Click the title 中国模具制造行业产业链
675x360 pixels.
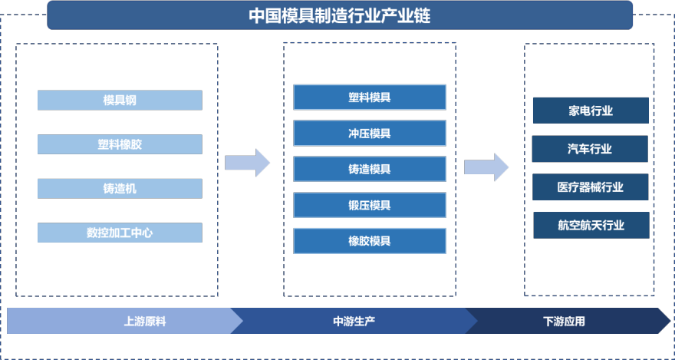pyautogui.click(x=339, y=15)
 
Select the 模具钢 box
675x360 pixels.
pyautogui.click(x=120, y=100)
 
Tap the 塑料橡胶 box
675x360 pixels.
pyautogui.click(x=120, y=144)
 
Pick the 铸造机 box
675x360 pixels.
pyautogui.click(x=120, y=188)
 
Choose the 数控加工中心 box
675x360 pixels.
pyautogui.click(x=120, y=233)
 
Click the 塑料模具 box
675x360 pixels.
pyautogui.click(x=369, y=97)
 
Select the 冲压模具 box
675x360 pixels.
pyautogui.click(x=369, y=133)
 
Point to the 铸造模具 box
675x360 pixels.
pyautogui.click(x=369, y=169)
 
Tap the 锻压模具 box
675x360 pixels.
pyautogui.click(x=369, y=205)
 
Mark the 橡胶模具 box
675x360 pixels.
pyautogui.click(x=369, y=241)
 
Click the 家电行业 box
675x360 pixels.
pyautogui.click(x=591, y=111)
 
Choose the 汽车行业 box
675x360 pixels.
pyautogui.click(x=591, y=149)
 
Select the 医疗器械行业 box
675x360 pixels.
pyautogui.click(x=591, y=187)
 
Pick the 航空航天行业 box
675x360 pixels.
pyautogui.click(x=591, y=225)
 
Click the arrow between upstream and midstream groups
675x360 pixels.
pyautogui.click(x=248, y=163)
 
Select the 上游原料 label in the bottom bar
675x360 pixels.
pyautogui.click(x=144, y=322)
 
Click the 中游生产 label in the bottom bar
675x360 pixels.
pyautogui.click(x=354, y=322)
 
